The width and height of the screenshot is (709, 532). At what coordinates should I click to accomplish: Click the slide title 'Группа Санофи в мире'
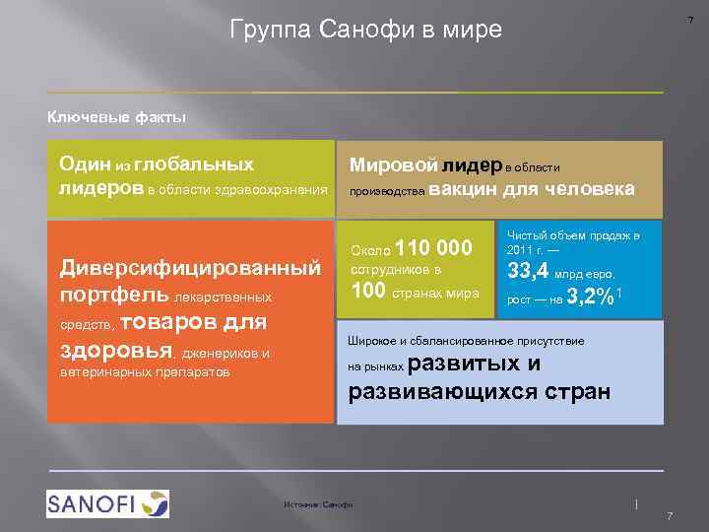[365, 31]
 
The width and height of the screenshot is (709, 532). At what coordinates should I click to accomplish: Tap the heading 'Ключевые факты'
[117, 117]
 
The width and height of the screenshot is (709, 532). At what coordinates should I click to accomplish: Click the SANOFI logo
[107, 503]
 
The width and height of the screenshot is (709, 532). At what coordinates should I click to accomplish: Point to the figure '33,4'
[529, 271]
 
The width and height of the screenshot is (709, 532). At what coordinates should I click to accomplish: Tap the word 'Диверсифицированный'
[191, 268]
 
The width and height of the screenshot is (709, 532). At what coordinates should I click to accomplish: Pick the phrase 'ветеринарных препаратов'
[144, 372]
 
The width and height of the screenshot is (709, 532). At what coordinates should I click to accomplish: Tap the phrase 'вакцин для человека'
[532, 188]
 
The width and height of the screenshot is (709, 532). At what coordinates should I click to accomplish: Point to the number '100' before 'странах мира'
[369, 292]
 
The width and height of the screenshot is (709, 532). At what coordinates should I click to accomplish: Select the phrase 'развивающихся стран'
[480, 392]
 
